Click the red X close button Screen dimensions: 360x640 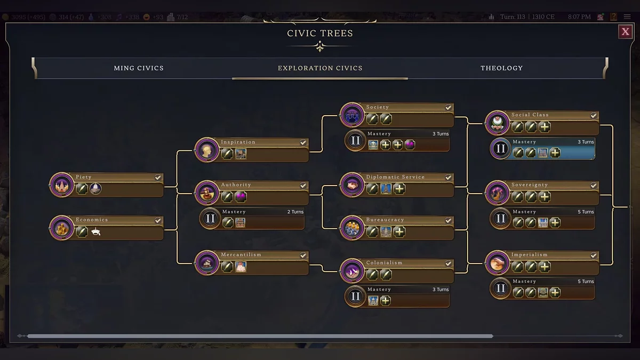625,32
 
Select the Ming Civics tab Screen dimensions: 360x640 139,68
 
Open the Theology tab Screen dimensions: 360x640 501,68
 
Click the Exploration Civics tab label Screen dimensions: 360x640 320,68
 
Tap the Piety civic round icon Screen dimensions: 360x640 61,185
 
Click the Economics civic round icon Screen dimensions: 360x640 61,228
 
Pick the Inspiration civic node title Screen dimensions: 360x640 238,142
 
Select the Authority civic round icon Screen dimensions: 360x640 206,193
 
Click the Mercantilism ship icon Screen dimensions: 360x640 206,263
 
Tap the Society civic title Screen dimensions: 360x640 378,107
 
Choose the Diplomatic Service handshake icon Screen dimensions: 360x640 351,185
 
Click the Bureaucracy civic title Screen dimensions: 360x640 385,220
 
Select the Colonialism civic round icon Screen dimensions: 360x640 351,271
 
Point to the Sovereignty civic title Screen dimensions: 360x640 530,185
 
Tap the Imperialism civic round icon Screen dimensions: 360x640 497,263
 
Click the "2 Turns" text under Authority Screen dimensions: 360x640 295,212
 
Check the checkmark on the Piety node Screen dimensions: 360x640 158,177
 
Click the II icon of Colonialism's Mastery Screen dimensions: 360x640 356,297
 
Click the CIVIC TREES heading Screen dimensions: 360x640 320,33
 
